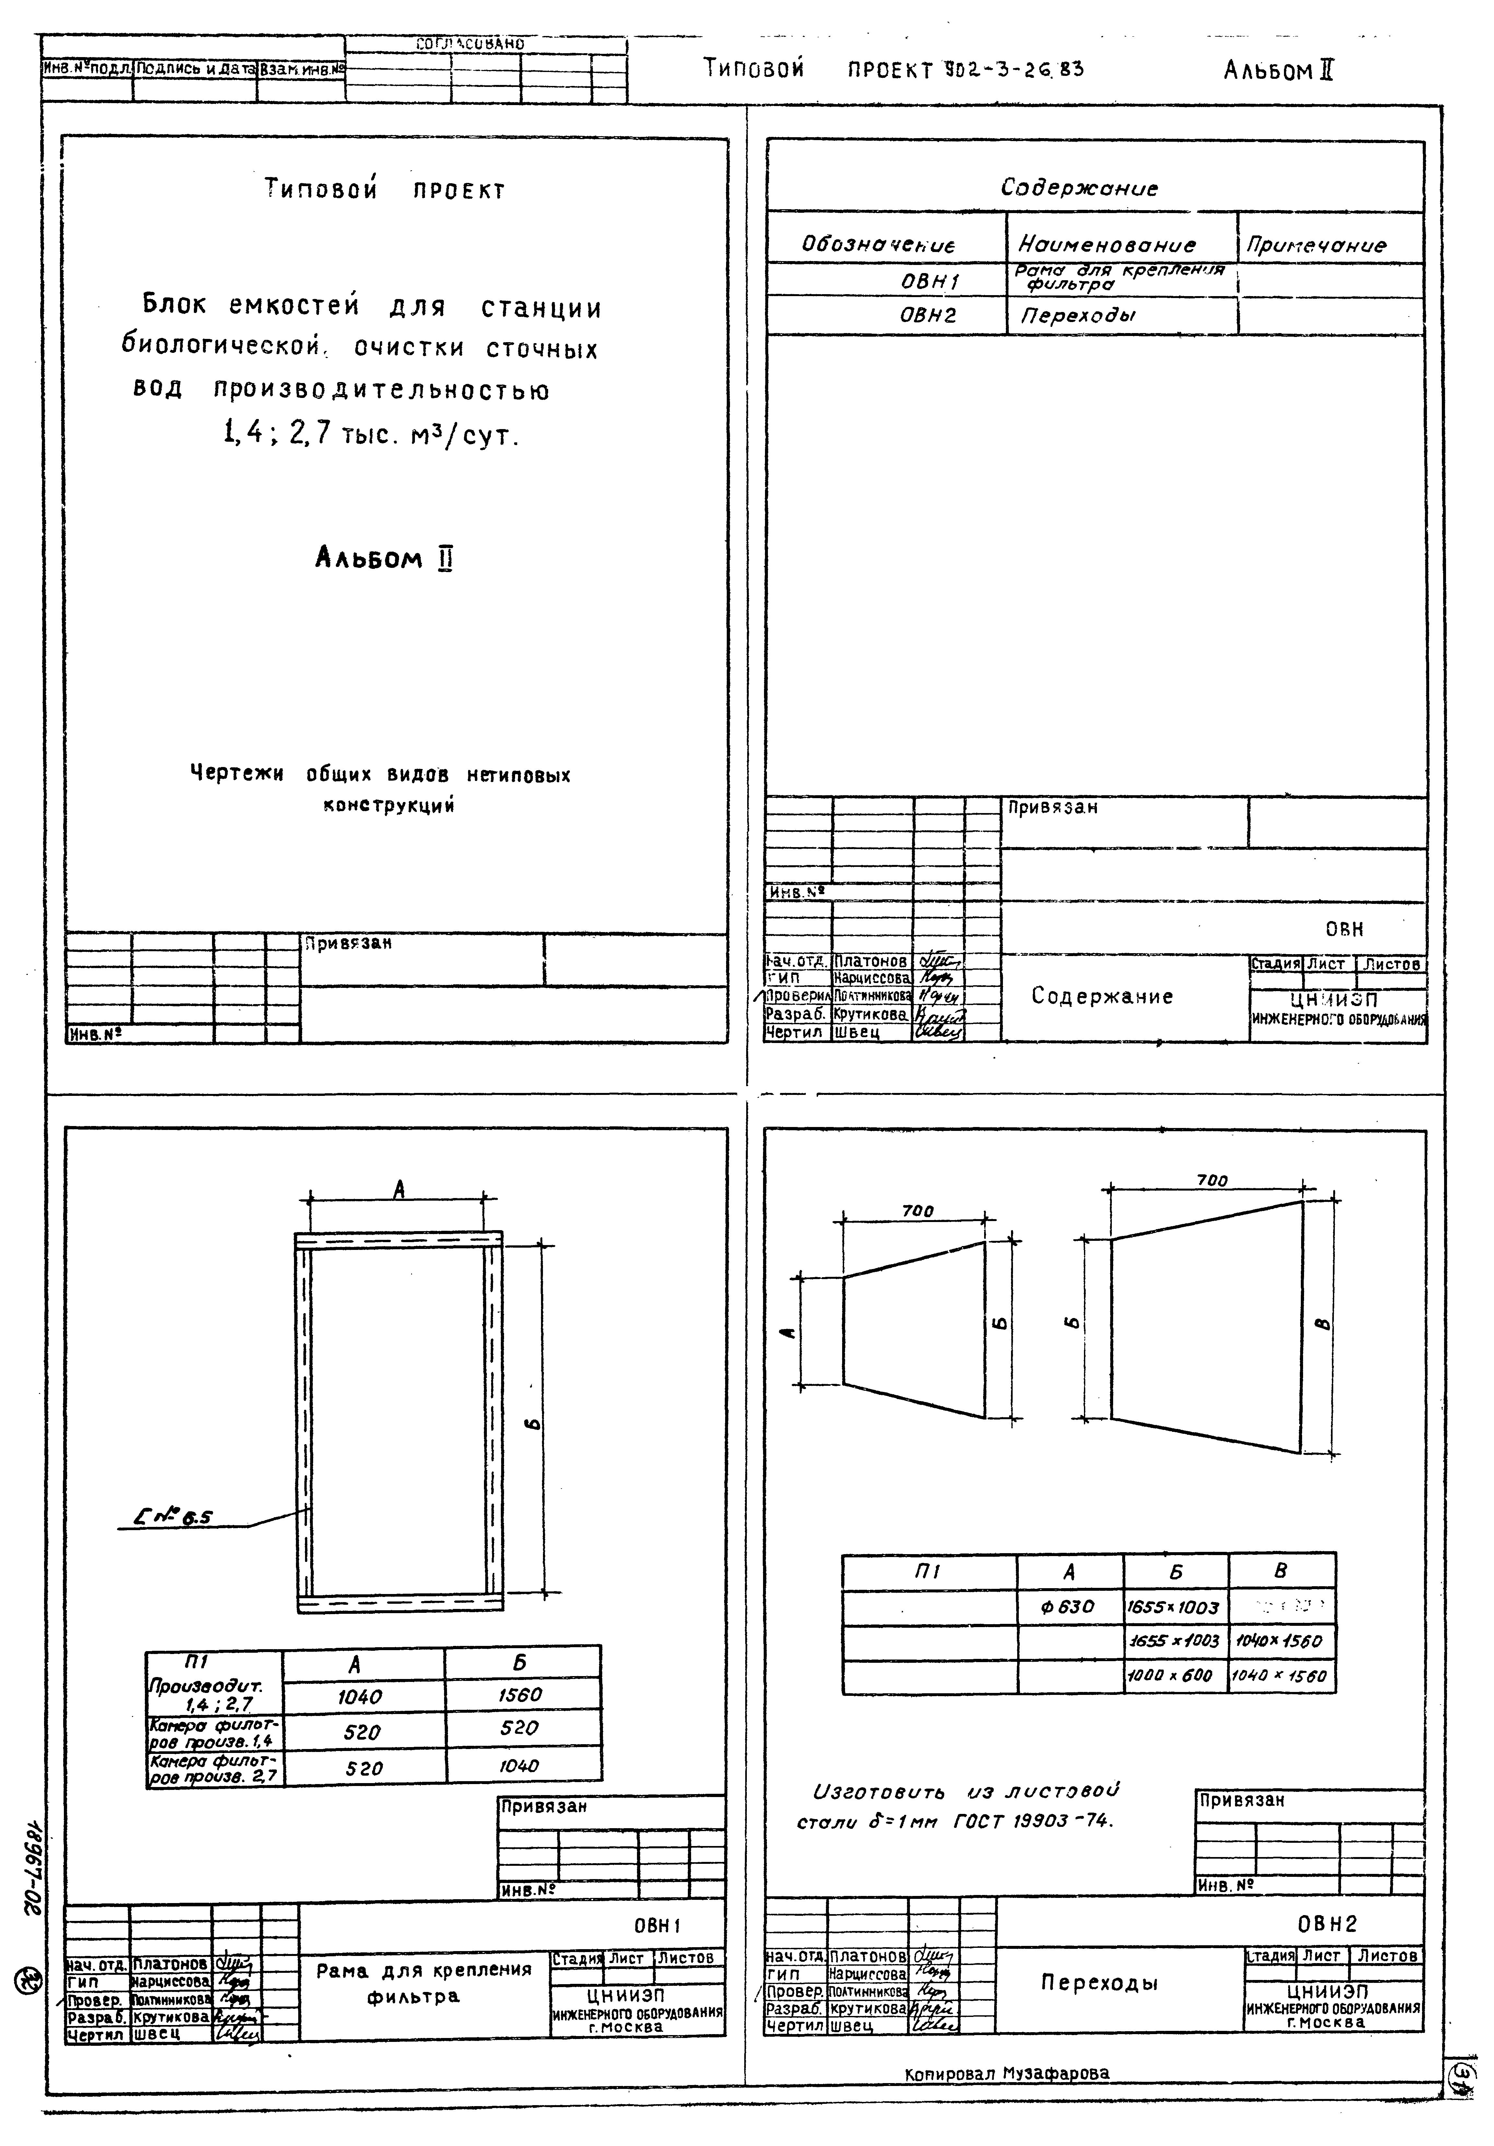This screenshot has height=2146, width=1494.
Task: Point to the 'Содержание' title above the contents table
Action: [1079, 188]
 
